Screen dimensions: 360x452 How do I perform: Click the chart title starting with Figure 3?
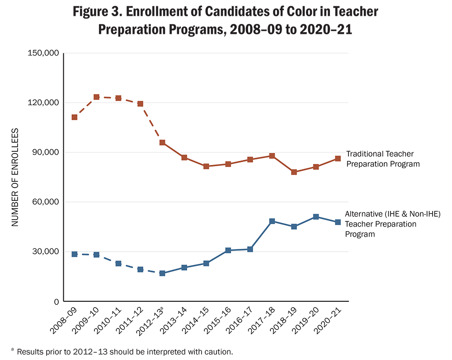click(x=226, y=21)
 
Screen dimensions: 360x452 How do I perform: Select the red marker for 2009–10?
click(x=96, y=97)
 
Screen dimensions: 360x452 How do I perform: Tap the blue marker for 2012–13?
click(x=162, y=273)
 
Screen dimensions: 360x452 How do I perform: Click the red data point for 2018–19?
click(x=294, y=172)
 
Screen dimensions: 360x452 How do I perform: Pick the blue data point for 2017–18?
click(x=272, y=221)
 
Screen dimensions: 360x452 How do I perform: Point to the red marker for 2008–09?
click(x=75, y=117)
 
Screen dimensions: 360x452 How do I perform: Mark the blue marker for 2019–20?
click(x=316, y=217)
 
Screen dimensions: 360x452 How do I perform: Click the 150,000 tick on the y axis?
click(x=43, y=53)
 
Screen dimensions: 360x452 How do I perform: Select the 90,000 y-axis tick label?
click(x=45, y=153)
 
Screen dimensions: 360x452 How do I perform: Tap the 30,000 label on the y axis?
click(x=45, y=252)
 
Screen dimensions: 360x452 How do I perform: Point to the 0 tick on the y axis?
click(x=56, y=301)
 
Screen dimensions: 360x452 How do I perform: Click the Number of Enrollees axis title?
click(x=15, y=177)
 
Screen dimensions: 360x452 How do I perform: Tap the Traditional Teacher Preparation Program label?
click(x=383, y=159)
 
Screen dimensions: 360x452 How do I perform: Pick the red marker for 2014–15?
click(x=206, y=166)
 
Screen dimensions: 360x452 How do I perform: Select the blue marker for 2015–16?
click(x=228, y=250)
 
